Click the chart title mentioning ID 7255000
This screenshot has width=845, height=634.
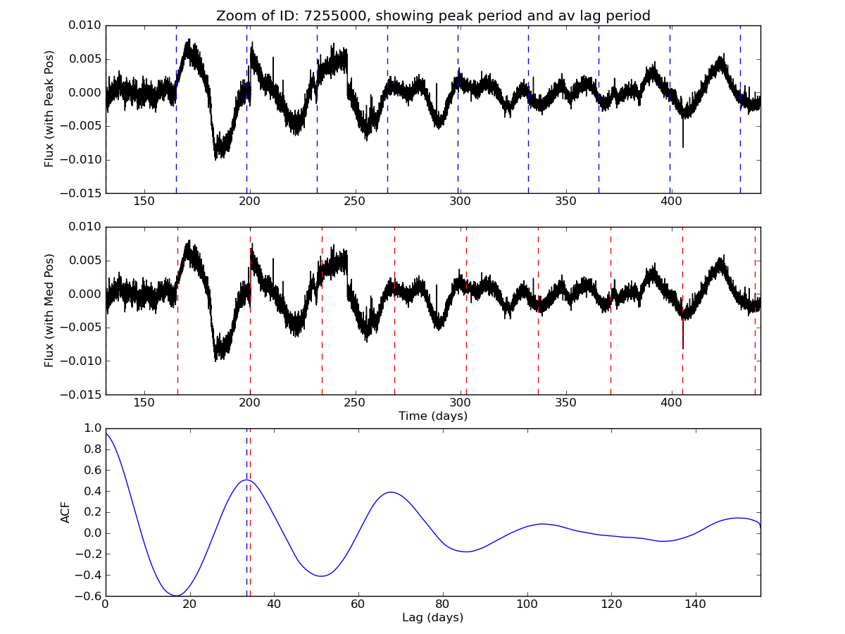pyautogui.click(x=433, y=15)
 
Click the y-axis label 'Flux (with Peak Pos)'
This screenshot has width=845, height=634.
pyautogui.click(x=49, y=108)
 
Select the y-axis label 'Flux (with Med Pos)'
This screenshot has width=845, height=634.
pyautogui.click(x=49, y=311)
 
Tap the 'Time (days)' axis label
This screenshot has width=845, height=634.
pyautogui.click(x=433, y=416)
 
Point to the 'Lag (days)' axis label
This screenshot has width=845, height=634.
pyautogui.click(x=433, y=618)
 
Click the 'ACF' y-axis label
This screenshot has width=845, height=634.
pyautogui.click(x=65, y=512)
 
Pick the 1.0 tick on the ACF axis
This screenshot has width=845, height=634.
pyautogui.click(x=92, y=428)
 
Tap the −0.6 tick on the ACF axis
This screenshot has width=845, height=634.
pyautogui.click(x=89, y=596)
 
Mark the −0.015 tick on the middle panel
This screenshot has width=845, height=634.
pyautogui.click(x=83, y=394)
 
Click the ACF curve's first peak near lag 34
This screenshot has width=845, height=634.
pyautogui.click(x=247, y=480)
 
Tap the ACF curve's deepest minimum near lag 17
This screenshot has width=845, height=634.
pyautogui.click(x=177, y=596)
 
